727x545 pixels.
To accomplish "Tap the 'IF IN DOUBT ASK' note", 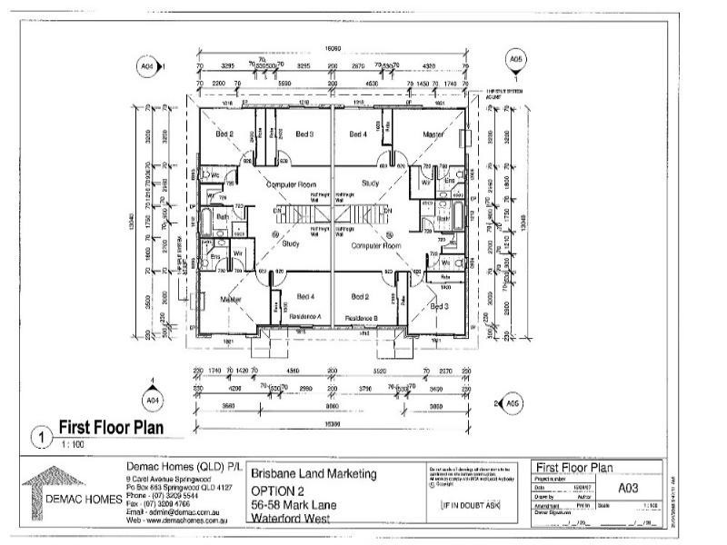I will [x=470, y=505].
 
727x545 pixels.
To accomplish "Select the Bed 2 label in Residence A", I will [x=224, y=134].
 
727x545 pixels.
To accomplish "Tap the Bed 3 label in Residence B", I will [x=440, y=307].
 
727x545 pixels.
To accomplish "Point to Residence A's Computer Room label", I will [x=289, y=184].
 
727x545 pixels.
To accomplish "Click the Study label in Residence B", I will [x=371, y=184].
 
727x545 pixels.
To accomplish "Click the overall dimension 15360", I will [x=332, y=423].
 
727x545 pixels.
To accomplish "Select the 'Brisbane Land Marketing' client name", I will [x=313, y=475].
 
